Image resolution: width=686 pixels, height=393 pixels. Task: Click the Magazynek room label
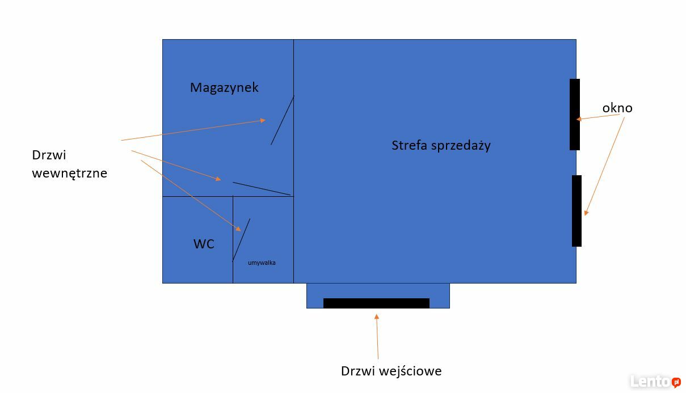[x=224, y=88]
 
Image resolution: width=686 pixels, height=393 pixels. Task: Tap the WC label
[x=204, y=244]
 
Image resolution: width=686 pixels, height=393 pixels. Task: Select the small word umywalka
[x=262, y=263]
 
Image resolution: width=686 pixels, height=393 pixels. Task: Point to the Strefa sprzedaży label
[x=441, y=145]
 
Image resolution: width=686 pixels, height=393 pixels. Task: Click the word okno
[x=617, y=108]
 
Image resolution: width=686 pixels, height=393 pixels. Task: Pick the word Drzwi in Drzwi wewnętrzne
[x=49, y=155]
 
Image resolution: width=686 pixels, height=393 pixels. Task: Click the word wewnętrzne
[x=70, y=173]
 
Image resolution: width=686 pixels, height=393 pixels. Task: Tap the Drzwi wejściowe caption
[x=392, y=371]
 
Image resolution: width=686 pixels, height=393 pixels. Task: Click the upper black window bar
[x=575, y=115]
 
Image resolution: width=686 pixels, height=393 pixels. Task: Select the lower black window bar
[x=576, y=211]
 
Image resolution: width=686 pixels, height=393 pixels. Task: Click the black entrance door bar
[x=376, y=303]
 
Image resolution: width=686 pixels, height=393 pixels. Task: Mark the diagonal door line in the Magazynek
[x=283, y=120]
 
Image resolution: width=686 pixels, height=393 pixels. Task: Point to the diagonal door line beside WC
[x=241, y=240]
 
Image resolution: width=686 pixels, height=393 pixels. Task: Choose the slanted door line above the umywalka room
[x=262, y=188]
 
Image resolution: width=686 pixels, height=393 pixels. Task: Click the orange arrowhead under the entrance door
[x=377, y=317]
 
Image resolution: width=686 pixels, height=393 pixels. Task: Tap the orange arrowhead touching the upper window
[x=579, y=119]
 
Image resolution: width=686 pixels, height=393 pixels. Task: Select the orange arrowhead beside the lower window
[x=586, y=213]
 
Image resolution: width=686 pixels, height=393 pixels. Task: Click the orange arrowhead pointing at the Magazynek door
[x=263, y=120]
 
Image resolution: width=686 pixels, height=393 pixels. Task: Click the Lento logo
[x=655, y=381]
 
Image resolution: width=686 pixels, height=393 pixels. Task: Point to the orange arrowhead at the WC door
[x=238, y=229]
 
